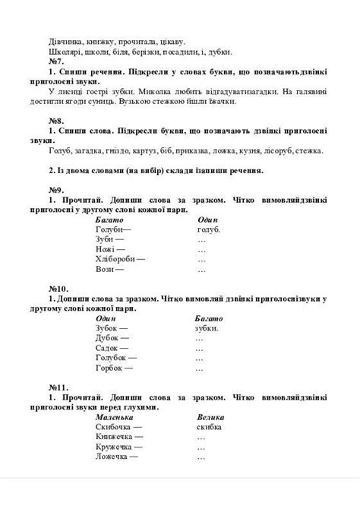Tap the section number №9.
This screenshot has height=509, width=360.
point(56,188)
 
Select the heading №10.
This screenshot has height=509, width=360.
point(58,289)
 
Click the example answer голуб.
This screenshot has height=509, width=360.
point(209,228)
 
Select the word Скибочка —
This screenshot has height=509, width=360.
point(120,427)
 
